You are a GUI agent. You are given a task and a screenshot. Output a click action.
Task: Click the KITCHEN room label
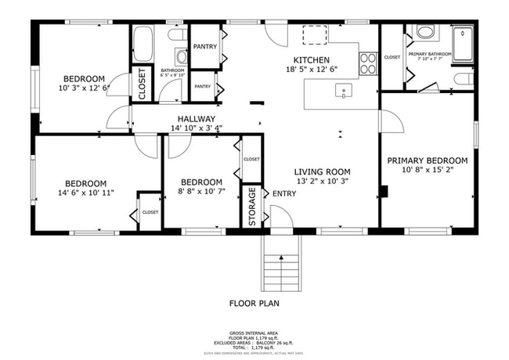311,60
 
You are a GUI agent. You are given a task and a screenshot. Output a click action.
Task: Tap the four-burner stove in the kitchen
366,63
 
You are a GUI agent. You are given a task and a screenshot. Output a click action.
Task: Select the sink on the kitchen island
344,92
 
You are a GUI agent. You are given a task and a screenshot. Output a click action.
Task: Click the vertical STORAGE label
252,207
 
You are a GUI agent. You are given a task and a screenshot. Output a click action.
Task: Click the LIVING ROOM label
322,172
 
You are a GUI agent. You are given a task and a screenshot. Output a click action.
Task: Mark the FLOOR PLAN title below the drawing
254,304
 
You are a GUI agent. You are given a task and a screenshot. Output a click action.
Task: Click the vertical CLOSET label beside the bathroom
142,84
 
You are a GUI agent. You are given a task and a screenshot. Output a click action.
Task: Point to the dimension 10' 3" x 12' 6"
84,88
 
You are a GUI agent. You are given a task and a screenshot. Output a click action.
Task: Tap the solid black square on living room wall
384,191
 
